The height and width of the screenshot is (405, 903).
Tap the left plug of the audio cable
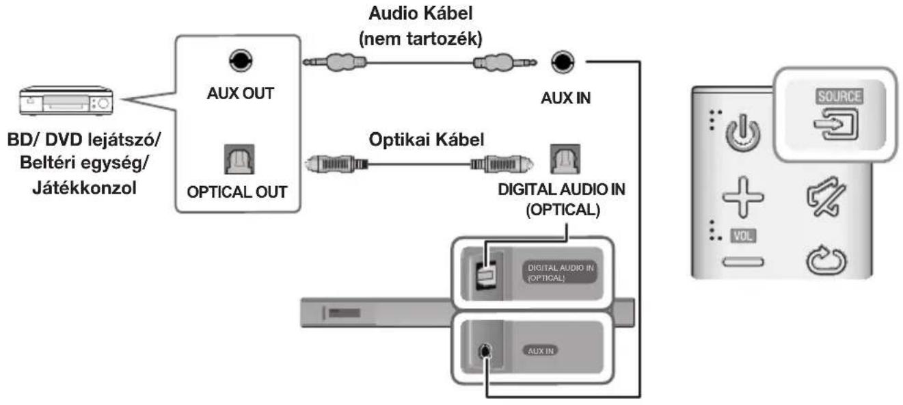coord(334,62)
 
